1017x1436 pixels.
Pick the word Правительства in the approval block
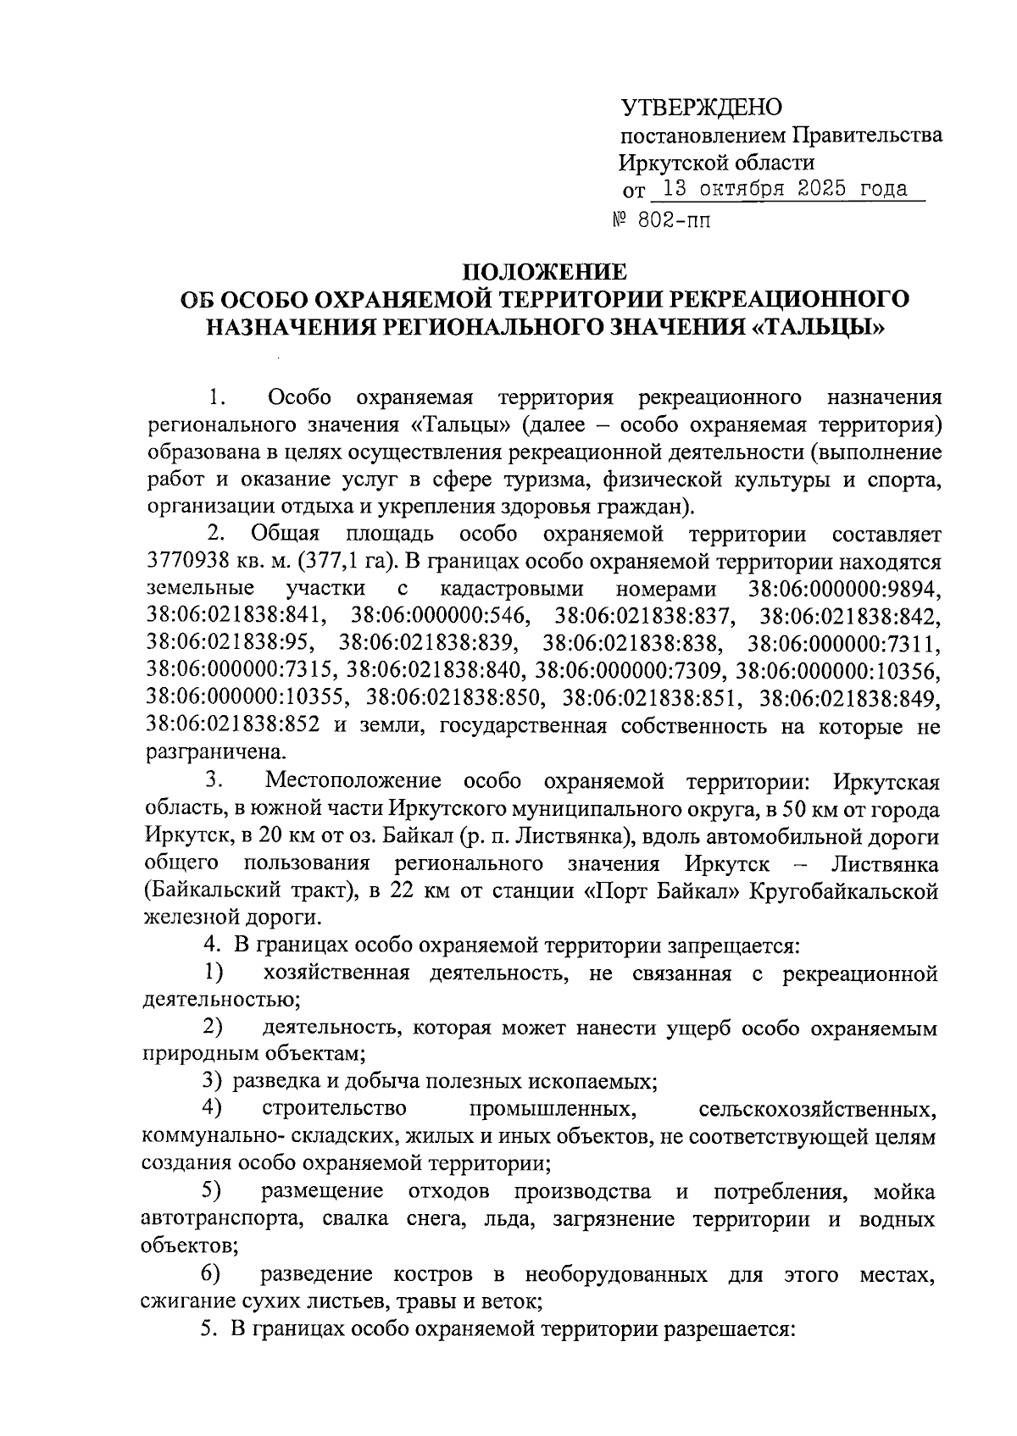(866, 135)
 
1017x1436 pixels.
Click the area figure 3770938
(192, 562)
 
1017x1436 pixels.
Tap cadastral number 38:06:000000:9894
(845, 589)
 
